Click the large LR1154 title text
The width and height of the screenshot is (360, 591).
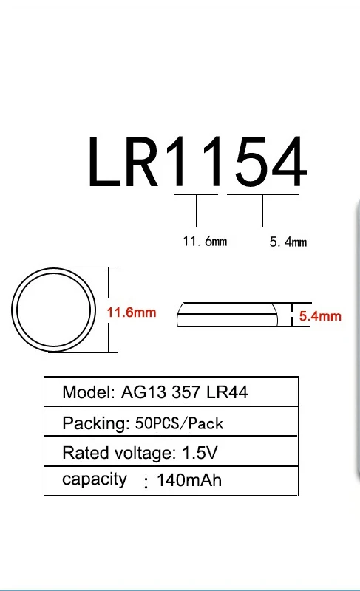tap(196, 161)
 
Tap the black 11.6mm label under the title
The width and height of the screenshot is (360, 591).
tap(205, 242)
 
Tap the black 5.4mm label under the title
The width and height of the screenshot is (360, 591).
tap(288, 242)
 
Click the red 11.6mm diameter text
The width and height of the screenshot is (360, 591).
tap(132, 312)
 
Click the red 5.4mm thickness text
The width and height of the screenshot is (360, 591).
tap(320, 316)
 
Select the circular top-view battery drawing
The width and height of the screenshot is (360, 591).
tap(53, 310)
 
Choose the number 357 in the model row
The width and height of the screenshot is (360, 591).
tap(186, 392)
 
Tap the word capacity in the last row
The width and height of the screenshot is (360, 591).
tap(95, 479)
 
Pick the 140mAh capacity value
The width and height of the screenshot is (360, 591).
tap(189, 482)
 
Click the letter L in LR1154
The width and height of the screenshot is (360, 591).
tap(103, 162)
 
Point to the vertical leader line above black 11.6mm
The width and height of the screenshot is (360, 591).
tap(196, 211)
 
